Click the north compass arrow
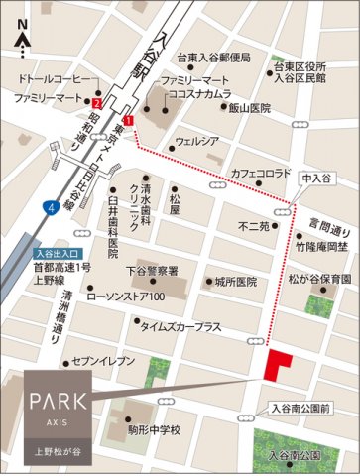pyautogui.click(x=22, y=41)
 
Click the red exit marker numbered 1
pyautogui.click(x=128, y=120)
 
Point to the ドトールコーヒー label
pyautogui.click(x=57, y=78)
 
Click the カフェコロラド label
pyautogui.click(x=261, y=173)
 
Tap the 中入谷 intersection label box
pyautogui.click(x=316, y=179)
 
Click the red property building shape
pyautogui.click(x=277, y=363)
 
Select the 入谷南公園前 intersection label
pyautogui.click(x=306, y=407)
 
